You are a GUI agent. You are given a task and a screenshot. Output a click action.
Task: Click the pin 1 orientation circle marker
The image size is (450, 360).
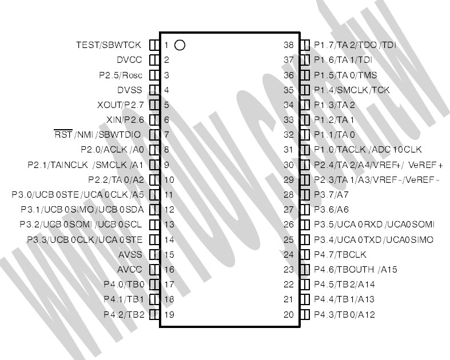180,45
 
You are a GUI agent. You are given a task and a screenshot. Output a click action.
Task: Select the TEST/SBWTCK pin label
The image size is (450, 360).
109,45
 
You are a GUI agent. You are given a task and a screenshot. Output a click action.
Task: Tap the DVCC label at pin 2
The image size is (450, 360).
129,60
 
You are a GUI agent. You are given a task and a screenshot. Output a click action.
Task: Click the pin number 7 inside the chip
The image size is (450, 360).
166,134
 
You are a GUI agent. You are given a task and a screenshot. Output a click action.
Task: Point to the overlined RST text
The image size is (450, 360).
63,134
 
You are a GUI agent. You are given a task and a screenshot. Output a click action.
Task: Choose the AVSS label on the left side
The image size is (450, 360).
130,255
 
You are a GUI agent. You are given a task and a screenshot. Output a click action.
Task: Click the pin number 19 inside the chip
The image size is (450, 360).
169,315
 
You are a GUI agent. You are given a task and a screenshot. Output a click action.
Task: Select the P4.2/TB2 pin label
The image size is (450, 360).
124,315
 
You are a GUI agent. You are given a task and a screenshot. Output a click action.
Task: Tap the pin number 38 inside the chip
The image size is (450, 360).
289,45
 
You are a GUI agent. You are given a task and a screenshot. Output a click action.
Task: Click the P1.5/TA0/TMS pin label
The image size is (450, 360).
345,75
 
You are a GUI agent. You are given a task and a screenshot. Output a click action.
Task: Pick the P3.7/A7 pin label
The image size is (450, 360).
331,195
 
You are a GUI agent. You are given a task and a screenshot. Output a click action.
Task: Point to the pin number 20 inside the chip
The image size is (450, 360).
289,315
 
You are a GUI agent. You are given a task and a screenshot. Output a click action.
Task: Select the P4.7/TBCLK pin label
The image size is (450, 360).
340,255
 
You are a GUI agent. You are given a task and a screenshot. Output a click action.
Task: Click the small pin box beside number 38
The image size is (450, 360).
305,45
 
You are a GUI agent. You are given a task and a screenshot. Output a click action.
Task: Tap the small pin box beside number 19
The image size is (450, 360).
154,315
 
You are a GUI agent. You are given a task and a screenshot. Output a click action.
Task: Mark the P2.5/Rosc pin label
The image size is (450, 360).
121,75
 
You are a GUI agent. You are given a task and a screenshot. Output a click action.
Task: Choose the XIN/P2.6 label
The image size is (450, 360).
125,120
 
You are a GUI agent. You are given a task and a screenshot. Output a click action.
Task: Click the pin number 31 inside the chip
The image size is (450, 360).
289,150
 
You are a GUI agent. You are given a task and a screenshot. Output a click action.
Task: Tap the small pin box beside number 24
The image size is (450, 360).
305,255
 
